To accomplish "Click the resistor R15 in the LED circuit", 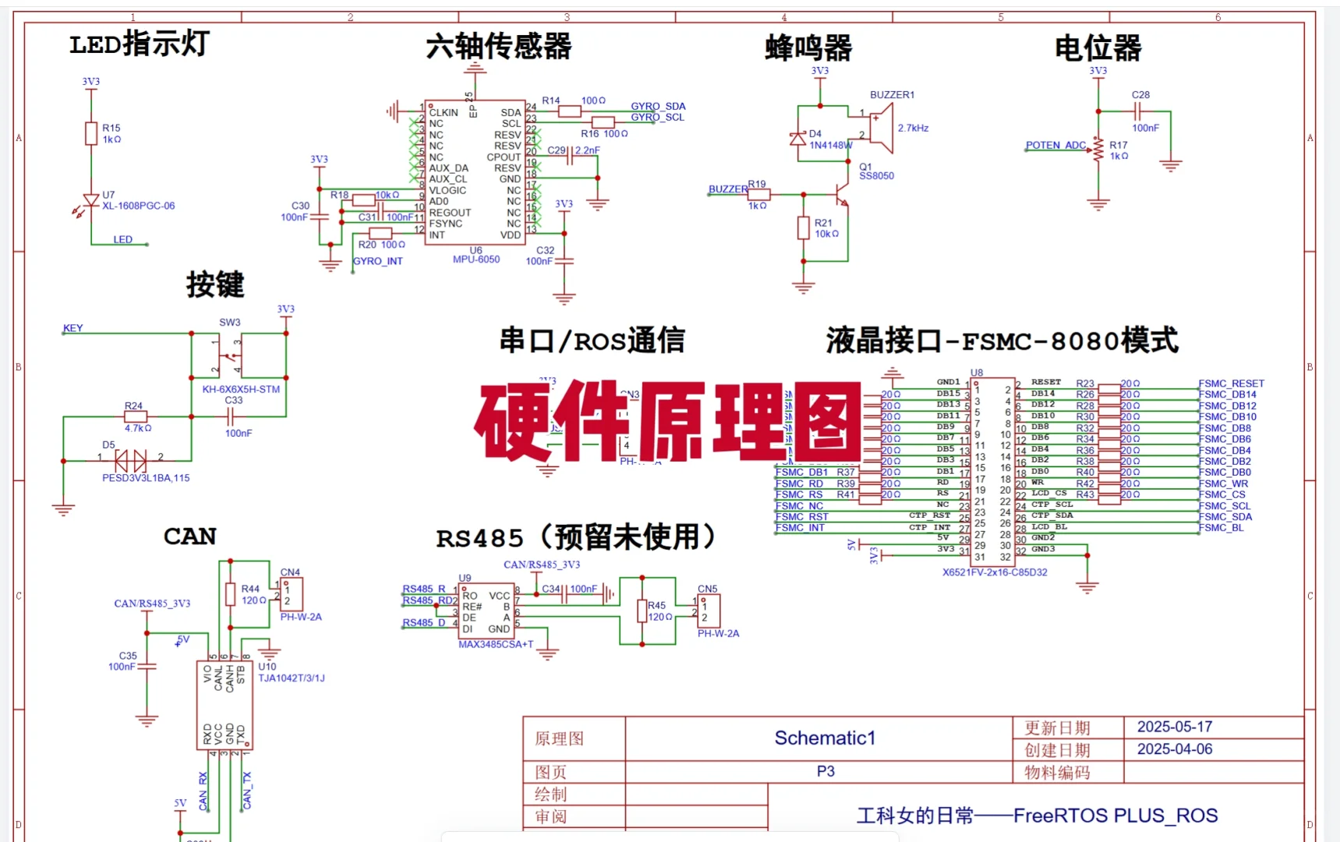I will coord(91,133).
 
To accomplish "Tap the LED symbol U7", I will coord(90,201).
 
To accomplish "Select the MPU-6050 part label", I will coord(476,260).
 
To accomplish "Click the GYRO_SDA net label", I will coord(658,106).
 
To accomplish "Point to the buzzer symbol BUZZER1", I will coord(881,128).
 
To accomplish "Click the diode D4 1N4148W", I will coord(798,139).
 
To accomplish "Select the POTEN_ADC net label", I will coord(1055,145).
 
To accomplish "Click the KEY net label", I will coord(72,328).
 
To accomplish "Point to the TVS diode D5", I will coord(130,461).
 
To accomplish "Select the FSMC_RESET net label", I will coord(1231,384).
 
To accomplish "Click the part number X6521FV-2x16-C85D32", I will coord(995,572).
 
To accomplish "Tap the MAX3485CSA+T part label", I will coord(496,644).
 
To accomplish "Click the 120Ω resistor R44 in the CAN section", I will coord(230,594).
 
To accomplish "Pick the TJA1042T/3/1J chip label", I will coord(292,678).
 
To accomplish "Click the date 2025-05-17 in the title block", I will coord(1174,727).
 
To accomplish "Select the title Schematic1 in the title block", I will coord(825,738).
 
